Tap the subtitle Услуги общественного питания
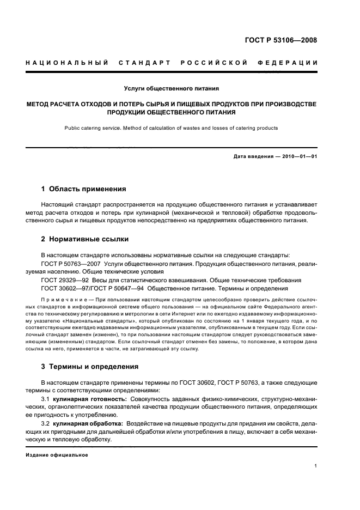click(x=172, y=88)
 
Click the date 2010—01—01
click(x=298, y=157)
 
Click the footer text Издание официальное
click(x=57, y=454)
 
